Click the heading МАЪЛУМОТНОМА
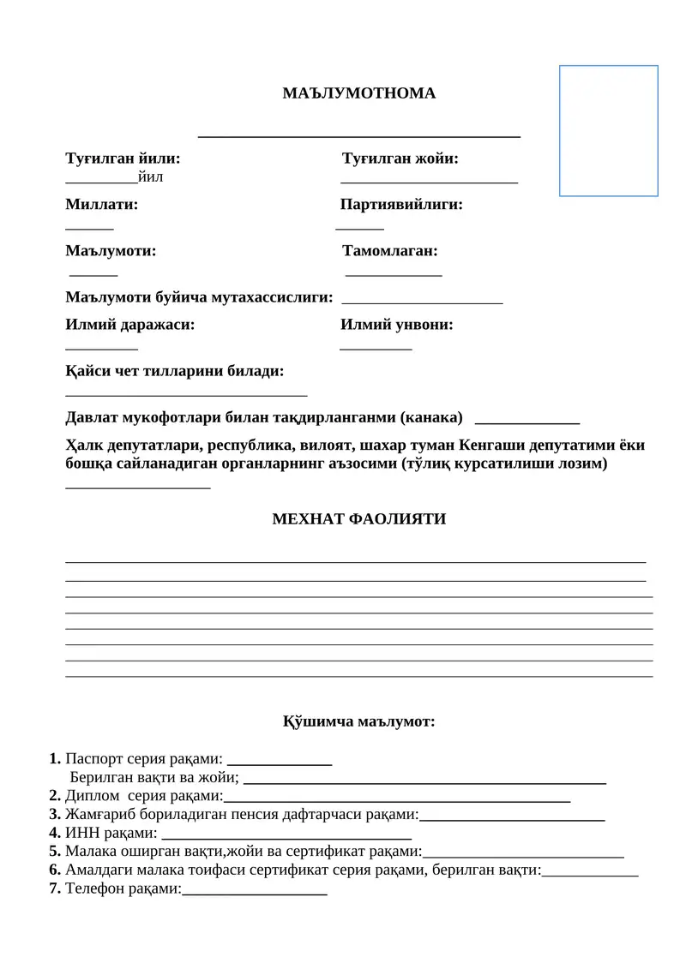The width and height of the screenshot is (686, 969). pos(358,93)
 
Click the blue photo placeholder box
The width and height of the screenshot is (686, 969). pos(608,131)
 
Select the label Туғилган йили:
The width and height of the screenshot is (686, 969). pos(123,159)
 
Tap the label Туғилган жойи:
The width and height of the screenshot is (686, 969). pos(400,159)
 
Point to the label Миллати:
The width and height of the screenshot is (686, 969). pos(101,205)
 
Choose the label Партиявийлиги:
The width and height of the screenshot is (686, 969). pos(401,205)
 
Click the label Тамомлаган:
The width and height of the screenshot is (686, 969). pos(390,251)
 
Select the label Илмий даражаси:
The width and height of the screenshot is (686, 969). pos(129,325)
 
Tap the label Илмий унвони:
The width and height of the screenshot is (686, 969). pos(397,325)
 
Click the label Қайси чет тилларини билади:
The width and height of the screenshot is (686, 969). pos(175,371)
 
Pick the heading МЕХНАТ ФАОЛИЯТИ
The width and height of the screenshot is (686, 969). pos(358,519)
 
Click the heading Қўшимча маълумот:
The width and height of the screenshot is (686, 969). pos(358,721)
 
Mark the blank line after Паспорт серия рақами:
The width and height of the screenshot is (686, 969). pos(280,761)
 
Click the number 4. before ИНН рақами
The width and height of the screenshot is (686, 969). pos(55,832)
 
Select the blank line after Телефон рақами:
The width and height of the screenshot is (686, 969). pos(255,892)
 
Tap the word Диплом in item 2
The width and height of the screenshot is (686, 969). pos(92,796)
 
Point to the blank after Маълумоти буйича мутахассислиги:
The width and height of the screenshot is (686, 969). pos(422,301)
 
